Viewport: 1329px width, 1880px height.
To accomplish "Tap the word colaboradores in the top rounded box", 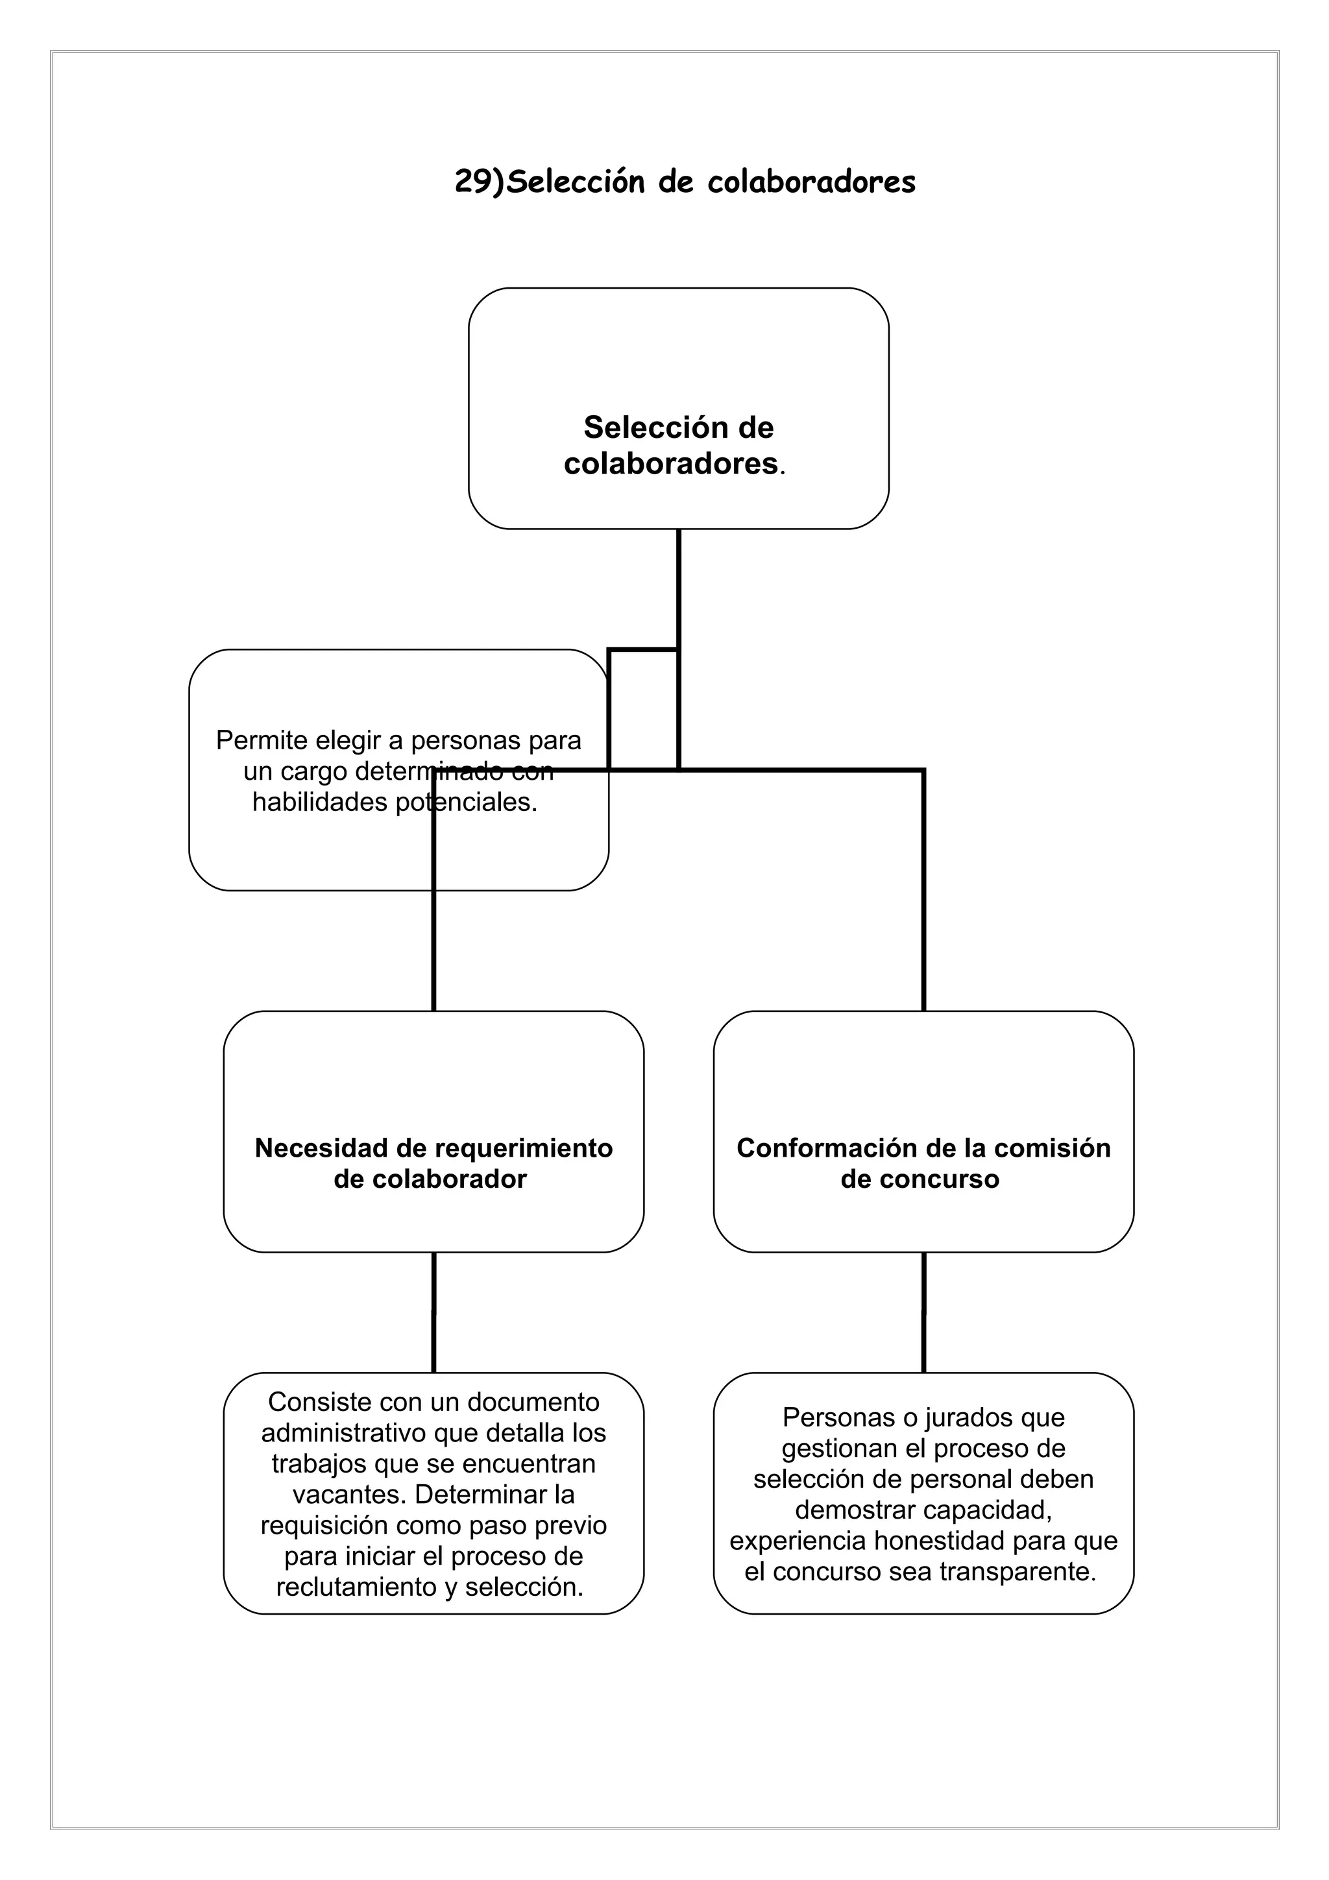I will (670, 464).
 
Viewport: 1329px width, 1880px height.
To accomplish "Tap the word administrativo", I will (343, 1433).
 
